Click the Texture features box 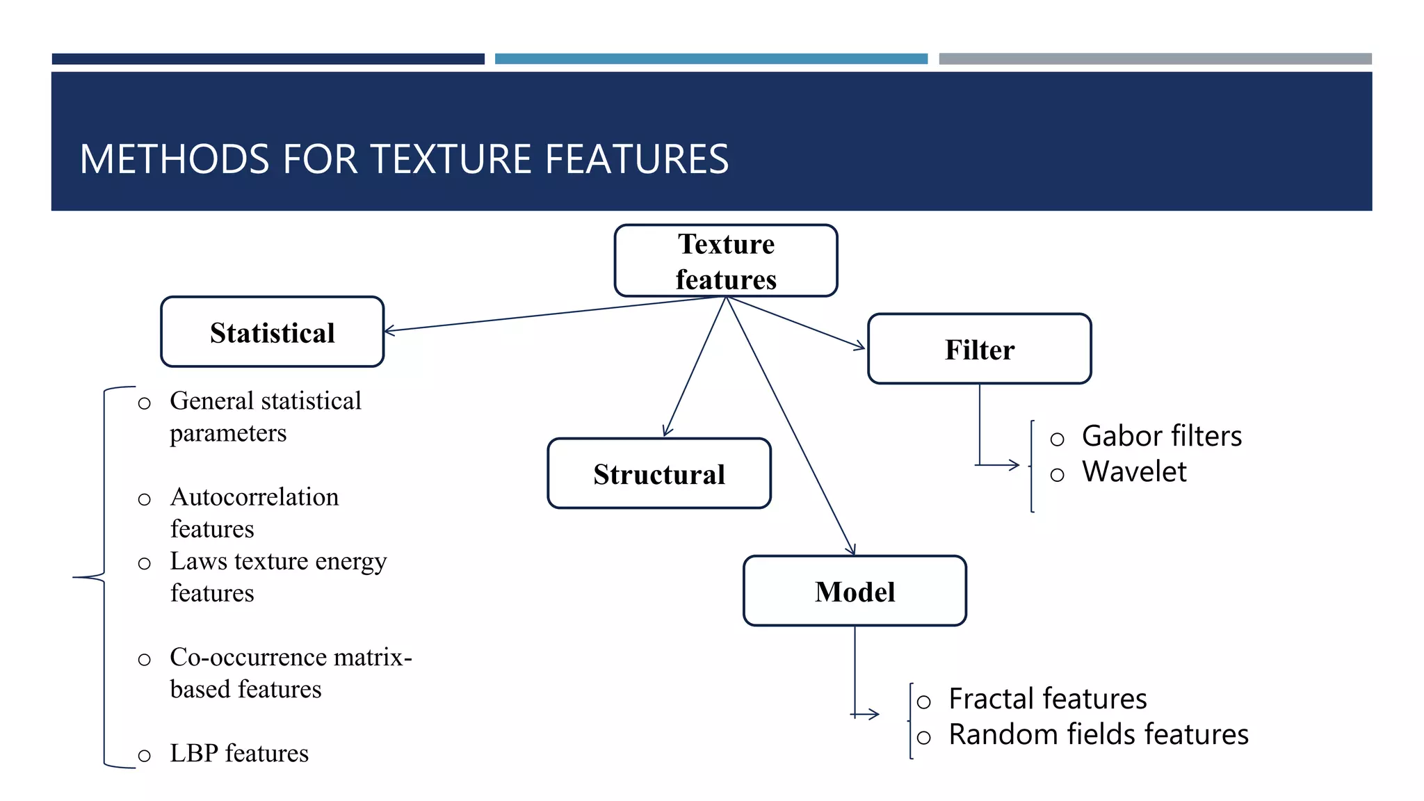coord(726,261)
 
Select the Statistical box coord(272,332)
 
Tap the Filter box coord(979,349)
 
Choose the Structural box coord(658,474)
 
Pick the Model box coord(855,591)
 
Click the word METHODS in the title coord(174,159)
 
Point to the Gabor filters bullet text coord(1161,436)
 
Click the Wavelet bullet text coord(1134,471)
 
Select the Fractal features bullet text coord(1047,698)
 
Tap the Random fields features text coord(1098,734)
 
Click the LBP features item coord(238,753)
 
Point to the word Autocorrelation coord(254,497)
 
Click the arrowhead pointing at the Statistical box coord(390,331)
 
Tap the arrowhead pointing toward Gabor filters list coord(1014,464)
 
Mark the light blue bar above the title coord(711,59)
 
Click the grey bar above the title coord(1154,59)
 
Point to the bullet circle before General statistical coord(144,403)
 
